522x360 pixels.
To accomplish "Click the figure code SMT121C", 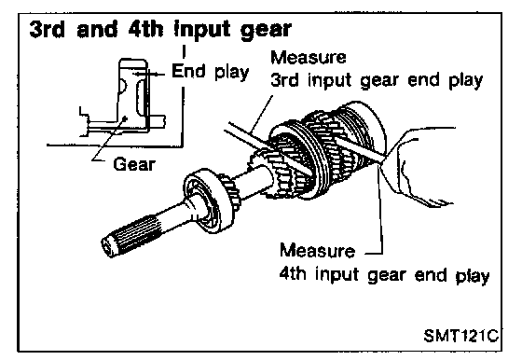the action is point(461,335).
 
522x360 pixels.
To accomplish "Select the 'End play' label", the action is point(211,72).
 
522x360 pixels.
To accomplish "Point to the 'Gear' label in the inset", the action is point(134,164).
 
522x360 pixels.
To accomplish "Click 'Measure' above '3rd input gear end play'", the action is point(309,57).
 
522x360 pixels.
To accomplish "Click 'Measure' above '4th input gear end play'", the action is point(317,251).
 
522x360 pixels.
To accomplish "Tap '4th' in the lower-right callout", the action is point(293,274).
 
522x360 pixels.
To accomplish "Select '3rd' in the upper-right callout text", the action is point(284,80).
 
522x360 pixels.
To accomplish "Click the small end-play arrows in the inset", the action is point(148,75).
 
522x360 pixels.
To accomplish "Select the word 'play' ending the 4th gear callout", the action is point(473,276).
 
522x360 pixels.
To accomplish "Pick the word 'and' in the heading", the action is point(97,29).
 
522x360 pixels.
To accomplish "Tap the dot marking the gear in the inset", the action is point(125,118).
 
